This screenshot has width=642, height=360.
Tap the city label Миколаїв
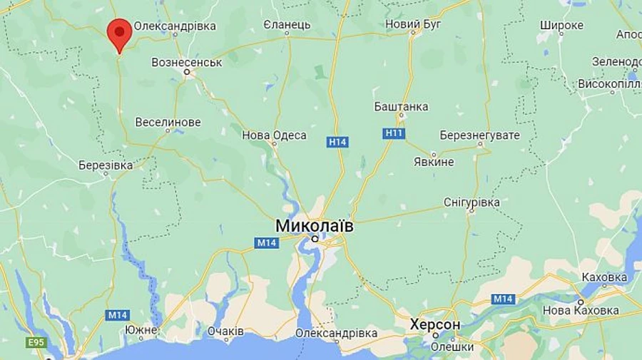pos(314,225)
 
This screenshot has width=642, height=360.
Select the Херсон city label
pos(435,325)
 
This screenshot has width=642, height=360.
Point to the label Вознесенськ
pos(187,62)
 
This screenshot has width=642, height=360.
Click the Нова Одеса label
pos(275,135)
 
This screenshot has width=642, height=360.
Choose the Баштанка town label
pos(401,107)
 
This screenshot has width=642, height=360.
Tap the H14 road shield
pos(337,142)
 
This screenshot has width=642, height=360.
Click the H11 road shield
pos(394,133)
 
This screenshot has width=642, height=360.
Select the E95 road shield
pos(36,343)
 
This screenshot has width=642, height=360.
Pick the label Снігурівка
pos(472,202)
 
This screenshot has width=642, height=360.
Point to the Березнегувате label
pos(479,135)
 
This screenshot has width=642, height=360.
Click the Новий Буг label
pos(412,24)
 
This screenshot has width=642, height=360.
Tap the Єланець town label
pos(287,24)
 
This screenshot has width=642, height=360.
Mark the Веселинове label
pos(168,122)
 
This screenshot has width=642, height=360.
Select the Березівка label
pos(106,165)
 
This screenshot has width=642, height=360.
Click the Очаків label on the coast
pos(225,331)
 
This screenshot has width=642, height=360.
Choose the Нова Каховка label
pos(581,310)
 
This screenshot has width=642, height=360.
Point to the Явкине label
pos(434,162)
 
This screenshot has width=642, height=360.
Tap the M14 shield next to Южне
pos(116,314)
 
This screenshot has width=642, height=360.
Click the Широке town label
pos(561,26)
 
